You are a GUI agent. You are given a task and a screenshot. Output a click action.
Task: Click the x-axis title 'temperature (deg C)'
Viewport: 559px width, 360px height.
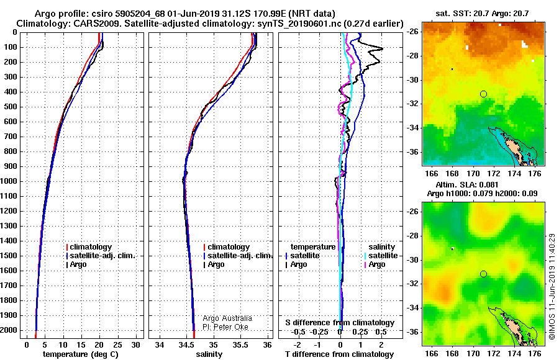point(80,354)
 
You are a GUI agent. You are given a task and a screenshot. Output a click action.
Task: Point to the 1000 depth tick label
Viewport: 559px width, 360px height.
point(9,181)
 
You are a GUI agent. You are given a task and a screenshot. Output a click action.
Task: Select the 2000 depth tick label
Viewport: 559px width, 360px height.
point(9,330)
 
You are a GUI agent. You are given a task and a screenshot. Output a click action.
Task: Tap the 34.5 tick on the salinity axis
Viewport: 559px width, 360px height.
point(186,345)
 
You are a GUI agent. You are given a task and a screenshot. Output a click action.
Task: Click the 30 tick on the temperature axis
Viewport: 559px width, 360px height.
point(135,345)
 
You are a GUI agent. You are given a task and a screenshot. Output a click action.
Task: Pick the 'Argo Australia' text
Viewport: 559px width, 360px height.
point(227,318)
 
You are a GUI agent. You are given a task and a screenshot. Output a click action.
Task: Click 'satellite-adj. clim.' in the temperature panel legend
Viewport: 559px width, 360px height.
point(102,256)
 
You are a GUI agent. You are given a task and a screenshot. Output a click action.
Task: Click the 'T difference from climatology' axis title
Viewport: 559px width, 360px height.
point(339,354)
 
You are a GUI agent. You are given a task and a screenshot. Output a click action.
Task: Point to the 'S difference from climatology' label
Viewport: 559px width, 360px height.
point(340,323)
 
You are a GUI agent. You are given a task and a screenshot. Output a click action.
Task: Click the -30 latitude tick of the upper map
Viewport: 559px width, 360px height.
point(413,80)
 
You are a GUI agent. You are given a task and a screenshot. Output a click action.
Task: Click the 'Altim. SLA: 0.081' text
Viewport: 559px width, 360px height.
point(466,184)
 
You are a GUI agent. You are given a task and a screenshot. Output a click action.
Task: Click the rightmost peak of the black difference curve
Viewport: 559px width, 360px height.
point(383,48)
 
